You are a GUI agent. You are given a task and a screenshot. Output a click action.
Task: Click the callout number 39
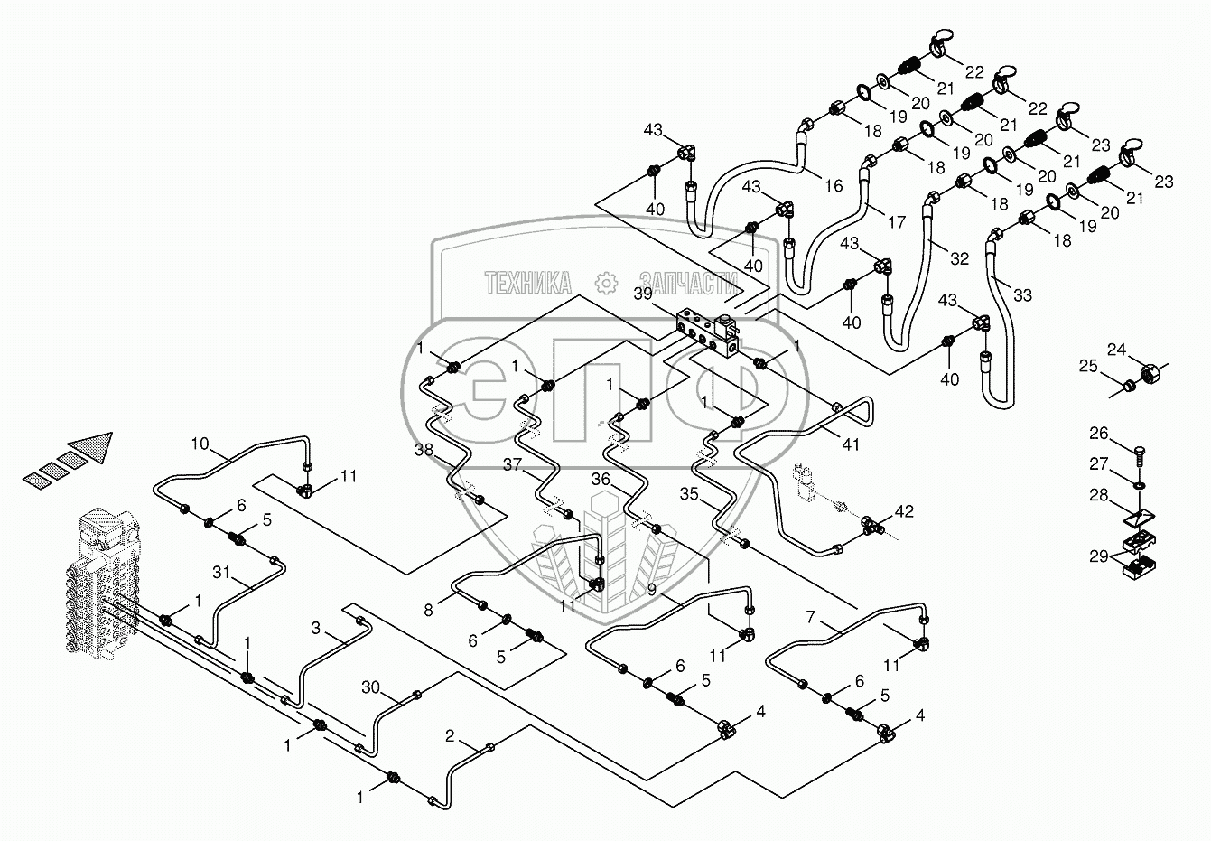coord(642,294)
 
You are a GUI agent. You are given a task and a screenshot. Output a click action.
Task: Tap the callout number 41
coord(851,444)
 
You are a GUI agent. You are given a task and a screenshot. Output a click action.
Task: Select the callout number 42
coord(905,511)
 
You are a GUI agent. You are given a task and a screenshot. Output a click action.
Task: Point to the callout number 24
coord(1116,350)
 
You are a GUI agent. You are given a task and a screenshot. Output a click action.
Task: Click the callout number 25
coord(1088,366)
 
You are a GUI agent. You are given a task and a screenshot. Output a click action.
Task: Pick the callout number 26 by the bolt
coord(1098,433)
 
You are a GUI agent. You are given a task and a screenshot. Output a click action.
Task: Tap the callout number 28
coord(1098,495)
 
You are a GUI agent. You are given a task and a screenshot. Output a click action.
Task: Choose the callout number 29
coord(1098,556)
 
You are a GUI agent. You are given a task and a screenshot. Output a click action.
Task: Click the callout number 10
coord(200,444)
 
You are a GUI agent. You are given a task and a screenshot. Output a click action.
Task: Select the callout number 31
coord(221,572)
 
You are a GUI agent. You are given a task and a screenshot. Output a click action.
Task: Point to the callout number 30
coord(371,687)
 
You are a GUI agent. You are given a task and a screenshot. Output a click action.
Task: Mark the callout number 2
coord(450,736)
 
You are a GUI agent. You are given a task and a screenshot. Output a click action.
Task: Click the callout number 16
coord(834,185)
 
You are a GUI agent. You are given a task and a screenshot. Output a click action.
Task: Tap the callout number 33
coord(1022,294)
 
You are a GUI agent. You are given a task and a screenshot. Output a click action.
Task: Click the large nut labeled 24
coord(1150,374)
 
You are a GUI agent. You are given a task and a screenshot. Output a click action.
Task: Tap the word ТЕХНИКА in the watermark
coord(527,283)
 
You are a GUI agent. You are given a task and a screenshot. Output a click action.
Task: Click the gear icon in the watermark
coord(606,283)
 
